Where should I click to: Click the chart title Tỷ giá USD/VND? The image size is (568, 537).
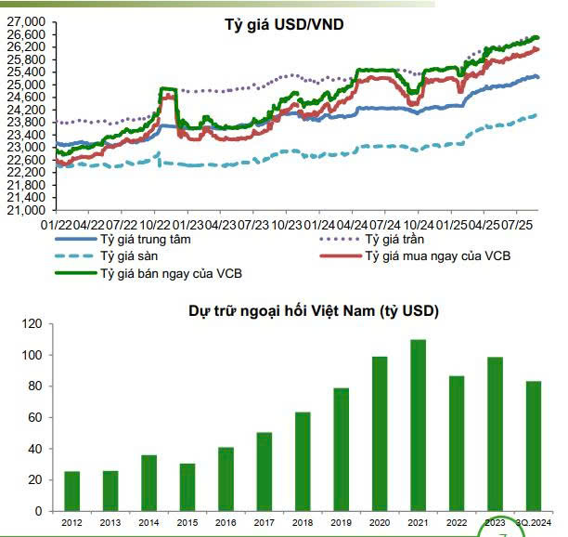click(284, 22)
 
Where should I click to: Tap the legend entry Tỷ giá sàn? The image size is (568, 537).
click(130, 256)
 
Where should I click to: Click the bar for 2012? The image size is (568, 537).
click(71, 491)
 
